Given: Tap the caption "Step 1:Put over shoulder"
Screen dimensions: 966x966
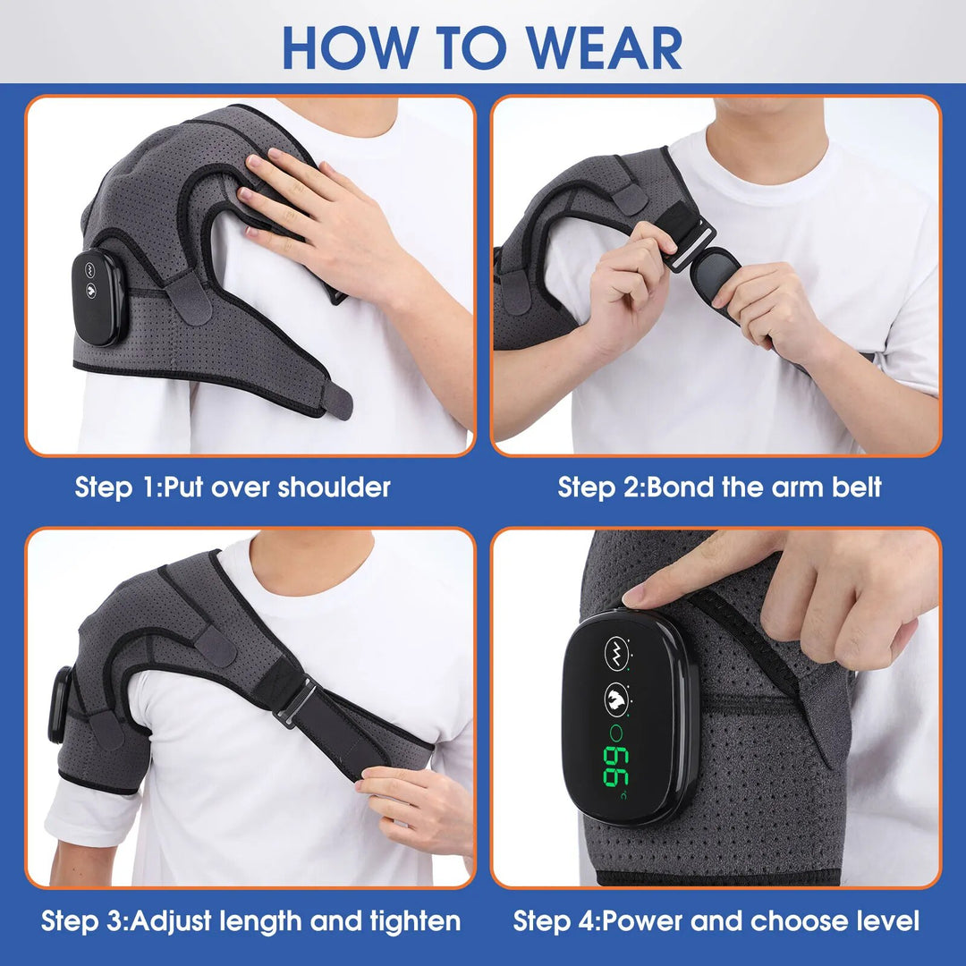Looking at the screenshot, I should (233, 487).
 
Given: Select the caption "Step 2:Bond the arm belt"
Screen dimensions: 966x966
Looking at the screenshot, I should (719, 487).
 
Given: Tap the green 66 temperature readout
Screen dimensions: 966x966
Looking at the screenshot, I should (616, 767).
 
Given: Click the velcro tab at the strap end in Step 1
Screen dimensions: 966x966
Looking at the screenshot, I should (336, 400).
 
